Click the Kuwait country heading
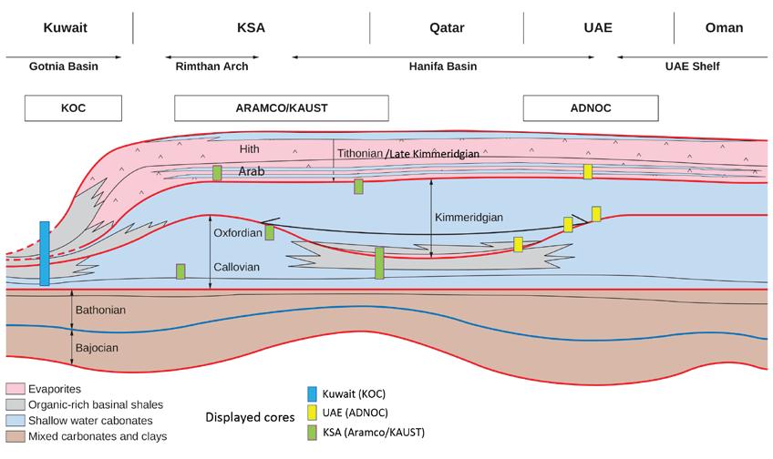coord(66,27)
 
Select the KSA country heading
coord(250,27)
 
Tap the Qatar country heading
coord(447,27)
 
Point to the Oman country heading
coord(724,27)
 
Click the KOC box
coord(72,107)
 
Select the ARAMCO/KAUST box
coord(274,107)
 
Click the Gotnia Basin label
coord(63,66)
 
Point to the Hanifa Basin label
coord(443,66)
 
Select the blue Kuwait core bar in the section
coord(45,253)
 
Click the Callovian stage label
coord(236,268)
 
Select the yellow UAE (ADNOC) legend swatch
coord(313,413)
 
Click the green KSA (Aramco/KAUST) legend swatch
coord(313,433)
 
